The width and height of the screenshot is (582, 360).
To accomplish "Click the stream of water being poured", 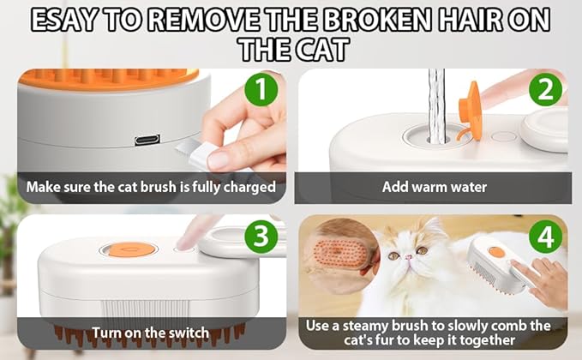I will point(437,103).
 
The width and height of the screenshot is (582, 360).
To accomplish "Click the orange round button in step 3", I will point(128,249).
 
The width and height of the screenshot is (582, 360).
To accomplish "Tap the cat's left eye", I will point(393,255).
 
